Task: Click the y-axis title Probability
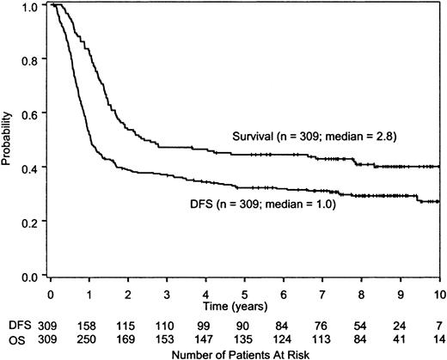tap(9, 140)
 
